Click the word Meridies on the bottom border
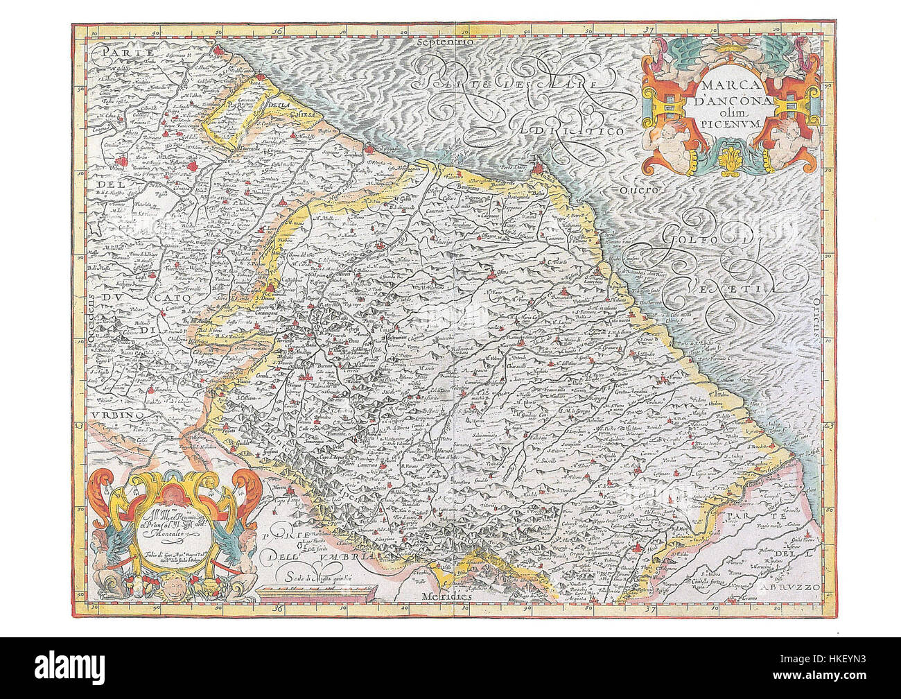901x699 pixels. tap(444, 596)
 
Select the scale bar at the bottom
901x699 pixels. tap(315, 591)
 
